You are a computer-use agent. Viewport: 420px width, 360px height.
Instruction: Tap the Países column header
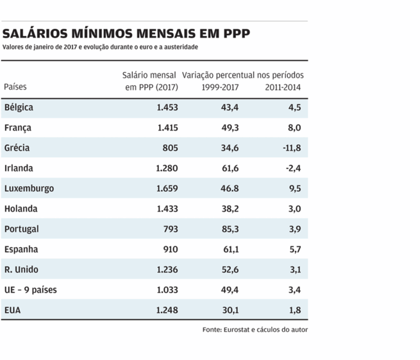click(x=15, y=87)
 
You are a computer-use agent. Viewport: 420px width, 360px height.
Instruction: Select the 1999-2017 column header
click(x=221, y=87)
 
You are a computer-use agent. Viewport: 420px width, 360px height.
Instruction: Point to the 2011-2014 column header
click(x=283, y=87)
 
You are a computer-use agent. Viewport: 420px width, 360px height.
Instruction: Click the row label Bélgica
click(x=19, y=107)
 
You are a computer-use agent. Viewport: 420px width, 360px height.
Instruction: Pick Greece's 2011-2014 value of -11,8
click(x=290, y=148)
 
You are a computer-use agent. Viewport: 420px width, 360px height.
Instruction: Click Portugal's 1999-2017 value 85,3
click(x=230, y=229)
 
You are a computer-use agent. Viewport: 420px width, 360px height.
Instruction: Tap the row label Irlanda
click(x=19, y=168)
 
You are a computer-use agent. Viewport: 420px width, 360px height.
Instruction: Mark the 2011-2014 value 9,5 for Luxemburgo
click(x=294, y=189)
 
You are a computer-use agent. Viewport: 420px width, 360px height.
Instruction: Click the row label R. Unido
click(x=21, y=270)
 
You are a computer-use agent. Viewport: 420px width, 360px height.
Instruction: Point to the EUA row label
click(x=13, y=311)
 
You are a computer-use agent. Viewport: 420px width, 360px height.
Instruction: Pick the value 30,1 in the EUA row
click(x=230, y=311)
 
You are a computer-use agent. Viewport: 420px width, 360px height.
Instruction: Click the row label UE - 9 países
click(x=30, y=290)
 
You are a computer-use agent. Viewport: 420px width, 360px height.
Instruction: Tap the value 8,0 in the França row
click(x=294, y=128)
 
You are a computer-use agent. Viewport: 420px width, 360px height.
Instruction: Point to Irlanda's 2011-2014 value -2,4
click(x=293, y=168)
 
